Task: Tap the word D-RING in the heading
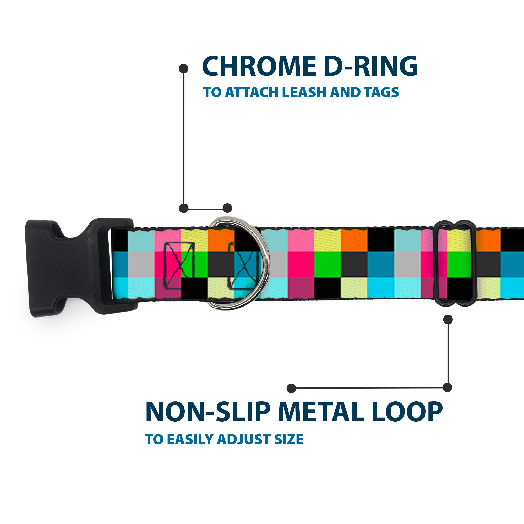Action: click(370, 67)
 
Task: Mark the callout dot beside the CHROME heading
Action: click(184, 68)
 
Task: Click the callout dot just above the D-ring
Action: click(227, 208)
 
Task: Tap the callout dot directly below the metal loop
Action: click(448, 319)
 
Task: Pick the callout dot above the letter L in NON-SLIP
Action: click(291, 388)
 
